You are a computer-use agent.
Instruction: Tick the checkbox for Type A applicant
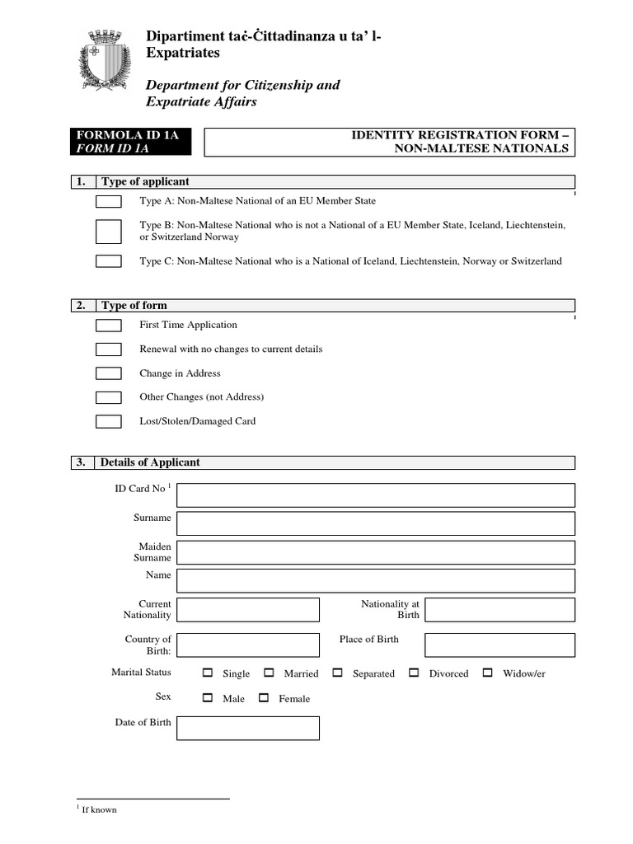coord(109,202)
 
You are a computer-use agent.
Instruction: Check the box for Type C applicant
coord(109,261)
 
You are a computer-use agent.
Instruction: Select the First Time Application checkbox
coord(109,326)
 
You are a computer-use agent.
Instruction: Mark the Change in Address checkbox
coord(109,373)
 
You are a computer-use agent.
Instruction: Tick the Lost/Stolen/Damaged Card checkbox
coord(109,421)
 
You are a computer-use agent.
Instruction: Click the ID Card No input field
coord(375,495)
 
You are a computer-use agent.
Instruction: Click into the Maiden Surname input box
coord(375,552)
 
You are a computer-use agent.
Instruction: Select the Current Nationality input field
coord(247,610)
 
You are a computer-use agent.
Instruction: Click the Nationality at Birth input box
coord(499,610)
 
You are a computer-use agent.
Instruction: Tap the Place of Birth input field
coord(499,645)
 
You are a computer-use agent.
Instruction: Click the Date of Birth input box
coord(247,728)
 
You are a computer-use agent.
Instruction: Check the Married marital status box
coord(268,673)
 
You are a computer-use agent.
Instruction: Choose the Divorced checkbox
coord(414,673)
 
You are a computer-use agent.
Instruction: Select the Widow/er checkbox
coord(487,673)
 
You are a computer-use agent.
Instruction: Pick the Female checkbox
coord(264,698)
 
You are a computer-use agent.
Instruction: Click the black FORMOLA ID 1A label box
coord(133,142)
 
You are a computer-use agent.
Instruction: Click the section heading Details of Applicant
coord(150,462)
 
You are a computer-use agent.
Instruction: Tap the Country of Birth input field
coord(247,645)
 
